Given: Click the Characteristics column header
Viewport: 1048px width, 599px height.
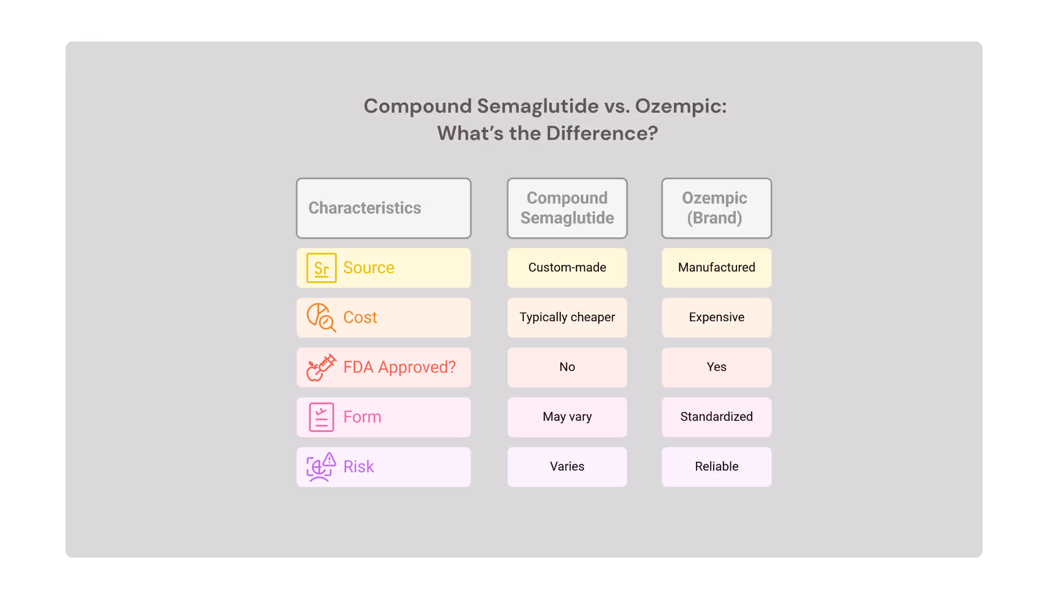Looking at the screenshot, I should pyautogui.click(x=384, y=208).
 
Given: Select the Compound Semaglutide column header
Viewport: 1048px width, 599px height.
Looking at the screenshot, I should pyautogui.click(x=567, y=208).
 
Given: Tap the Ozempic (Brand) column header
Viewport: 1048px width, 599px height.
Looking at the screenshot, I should pyautogui.click(x=716, y=208).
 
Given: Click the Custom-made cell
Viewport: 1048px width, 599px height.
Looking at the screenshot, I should pyautogui.click(x=567, y=268).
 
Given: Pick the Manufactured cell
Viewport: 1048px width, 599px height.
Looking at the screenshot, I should pyautogui.click(x=716, y=268).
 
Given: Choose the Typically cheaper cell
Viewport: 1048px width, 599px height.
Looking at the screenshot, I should pyautogui.click(x=567, y=318).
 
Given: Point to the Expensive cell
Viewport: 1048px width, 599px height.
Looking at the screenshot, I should pyautogui.click(x=716, y=318).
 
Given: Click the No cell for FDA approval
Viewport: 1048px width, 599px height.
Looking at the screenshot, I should pyautogui.click(x=567, y=367).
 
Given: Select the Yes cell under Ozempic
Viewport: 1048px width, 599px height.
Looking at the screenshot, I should pyautogui.click(x=716, y=367).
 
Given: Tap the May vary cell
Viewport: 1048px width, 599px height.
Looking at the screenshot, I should pyautogui.click(x=567, y=417).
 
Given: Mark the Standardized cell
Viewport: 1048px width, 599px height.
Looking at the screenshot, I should pyautogui.click(x=716, y=417).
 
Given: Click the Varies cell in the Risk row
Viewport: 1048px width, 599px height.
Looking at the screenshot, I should pyautogui.click(x=567, y=467).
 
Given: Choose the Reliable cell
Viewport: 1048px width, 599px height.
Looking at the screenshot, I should pyautogui.click(x=716, y=467).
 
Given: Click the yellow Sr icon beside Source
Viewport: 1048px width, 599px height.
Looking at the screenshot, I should pyautogui.click(x=321, y=268).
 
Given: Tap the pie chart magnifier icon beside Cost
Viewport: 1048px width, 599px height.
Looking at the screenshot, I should pyautogui.click(x=321, y=318).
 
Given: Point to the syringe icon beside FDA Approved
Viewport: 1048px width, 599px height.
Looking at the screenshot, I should pyautogui.click(x=321, y=367).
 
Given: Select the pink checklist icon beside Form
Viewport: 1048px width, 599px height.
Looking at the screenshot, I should pyautogui.click(x=321, y=417).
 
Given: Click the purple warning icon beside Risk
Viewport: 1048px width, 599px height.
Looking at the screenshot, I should pyautogui.click(x=321, y=467).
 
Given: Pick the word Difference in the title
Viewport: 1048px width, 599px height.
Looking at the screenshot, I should pyautogui.click(x=602, y=134).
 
